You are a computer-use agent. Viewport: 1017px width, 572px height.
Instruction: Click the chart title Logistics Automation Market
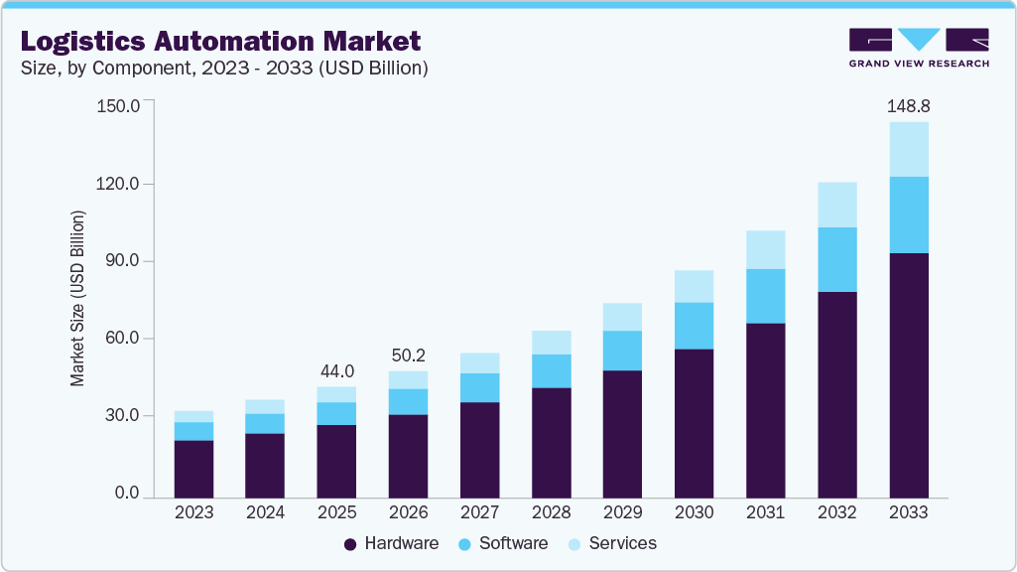click(220, 41)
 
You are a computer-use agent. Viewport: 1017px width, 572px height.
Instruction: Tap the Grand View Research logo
click(919, 47)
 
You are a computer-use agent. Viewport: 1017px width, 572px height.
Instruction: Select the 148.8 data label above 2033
click(908, 105)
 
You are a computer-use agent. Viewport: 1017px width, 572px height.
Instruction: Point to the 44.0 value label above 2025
click(336, 370)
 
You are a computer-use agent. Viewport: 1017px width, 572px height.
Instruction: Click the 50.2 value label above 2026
click(408, 355)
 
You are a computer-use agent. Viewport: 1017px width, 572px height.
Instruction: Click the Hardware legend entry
click(391, 543)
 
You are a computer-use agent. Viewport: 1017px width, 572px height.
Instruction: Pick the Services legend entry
click(612, 543)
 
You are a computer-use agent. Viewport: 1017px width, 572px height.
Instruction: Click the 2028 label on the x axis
click(551, 512)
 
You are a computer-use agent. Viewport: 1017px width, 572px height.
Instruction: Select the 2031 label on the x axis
click(766, 512)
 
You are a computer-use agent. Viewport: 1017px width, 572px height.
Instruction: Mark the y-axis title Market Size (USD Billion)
click(77, 298)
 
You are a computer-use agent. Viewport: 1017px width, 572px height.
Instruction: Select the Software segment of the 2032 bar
click(836, 259)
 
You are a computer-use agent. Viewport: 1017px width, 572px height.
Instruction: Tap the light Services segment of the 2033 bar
click(908, 149)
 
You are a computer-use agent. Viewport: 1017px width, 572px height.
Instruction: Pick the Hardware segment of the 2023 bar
click(193, 468)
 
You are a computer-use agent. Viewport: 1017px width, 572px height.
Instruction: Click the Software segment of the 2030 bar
click(694, 326)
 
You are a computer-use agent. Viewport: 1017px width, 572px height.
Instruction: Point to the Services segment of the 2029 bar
click(622, 317)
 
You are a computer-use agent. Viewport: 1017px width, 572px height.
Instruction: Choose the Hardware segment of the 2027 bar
click(479, 449)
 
